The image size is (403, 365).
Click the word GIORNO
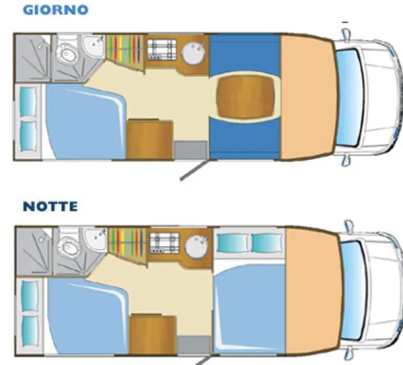(x=55, y=10)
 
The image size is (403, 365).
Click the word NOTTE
(x=50, y=206)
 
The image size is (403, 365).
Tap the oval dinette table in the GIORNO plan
(x=245, y=97)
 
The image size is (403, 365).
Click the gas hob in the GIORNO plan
(x=162, y=49)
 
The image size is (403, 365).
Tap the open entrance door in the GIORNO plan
(x=193, y=170)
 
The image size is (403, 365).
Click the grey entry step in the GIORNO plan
(x=190, y=150)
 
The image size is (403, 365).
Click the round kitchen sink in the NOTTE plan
(x=198, y=247)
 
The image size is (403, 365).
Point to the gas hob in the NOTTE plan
(x=164, y=243)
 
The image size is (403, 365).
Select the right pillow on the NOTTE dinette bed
(x=266, y=243)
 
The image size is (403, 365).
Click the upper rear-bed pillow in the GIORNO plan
(x=28, y=102)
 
